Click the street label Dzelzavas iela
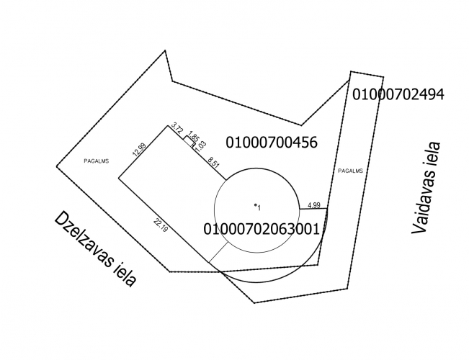coord(95,249)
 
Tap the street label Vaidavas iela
coord(426,187)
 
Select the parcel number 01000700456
coord(272,143)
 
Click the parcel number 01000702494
coord(398,94)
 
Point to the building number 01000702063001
coord(262,230)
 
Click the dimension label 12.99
coord(139,150)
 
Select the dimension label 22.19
coord(161,225)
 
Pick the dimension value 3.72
coord(177,128)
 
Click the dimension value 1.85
coord(194,136)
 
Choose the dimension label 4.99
coord(314,205)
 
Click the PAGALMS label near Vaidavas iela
coord(350,171)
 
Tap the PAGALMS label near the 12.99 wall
coord(97,161)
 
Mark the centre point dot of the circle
coord(256,204)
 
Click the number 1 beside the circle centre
coord(259,208)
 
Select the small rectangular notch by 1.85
coord(189,141)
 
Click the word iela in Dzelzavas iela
coord(125,274)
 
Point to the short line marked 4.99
coord(313,209)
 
